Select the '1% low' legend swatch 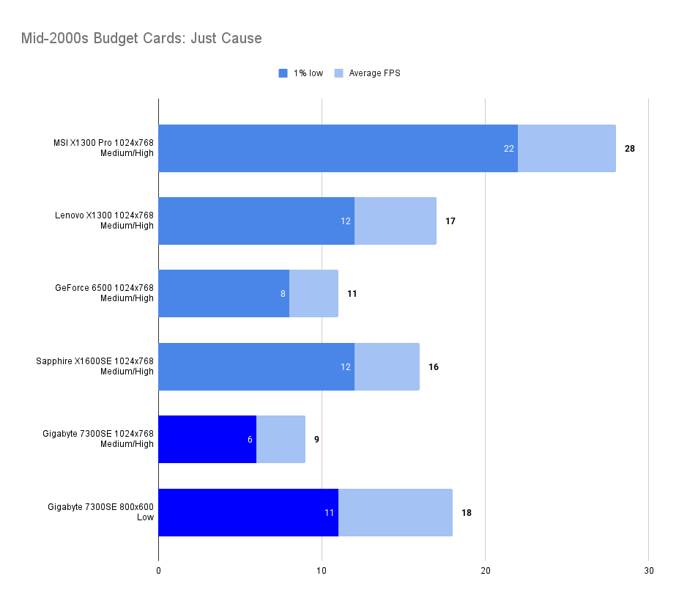point(283,73)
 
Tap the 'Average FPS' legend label point(374,73)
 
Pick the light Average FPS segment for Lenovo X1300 point(396,221)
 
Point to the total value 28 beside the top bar point(630,148)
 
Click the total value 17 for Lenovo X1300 point(450,221)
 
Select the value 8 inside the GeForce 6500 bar point(283,294)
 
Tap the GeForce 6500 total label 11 point(352,294)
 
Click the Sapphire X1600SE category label point(95,366)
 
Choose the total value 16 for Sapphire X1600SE point(434,366)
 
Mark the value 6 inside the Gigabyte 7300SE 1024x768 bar point(250,440)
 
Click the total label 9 point(316,440)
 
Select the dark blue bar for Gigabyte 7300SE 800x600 point(242,512)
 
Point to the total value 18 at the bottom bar point(467,512)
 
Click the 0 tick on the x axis point(159,570)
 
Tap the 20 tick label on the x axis point(485,570)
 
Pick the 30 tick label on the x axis point(648,570)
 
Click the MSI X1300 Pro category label point(99,148)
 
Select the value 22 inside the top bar point(509,148)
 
